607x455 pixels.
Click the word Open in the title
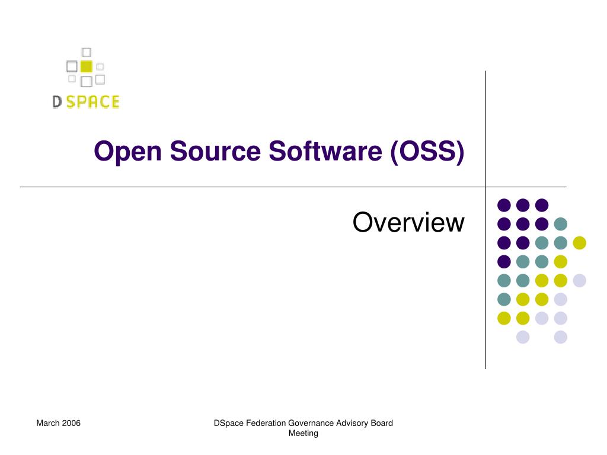pyautogui.click(x=127, y=152)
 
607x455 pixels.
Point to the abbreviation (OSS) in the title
pyautogui.click(x=427, y=152)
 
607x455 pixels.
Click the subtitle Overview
pyautogui.click(x=408, y=223)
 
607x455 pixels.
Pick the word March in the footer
pyautogui.click(x=48, y=423)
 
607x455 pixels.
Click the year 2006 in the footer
pyautogui.click(x=71, y=423)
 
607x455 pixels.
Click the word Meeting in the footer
pyautogui.click(x=303, y=433)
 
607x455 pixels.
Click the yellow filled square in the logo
pyautogui.click(x=86, y=66)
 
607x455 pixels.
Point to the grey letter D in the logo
pyautogui.click(x=57, y=102)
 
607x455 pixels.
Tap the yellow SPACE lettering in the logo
pyautogui.click(x=92, y=102)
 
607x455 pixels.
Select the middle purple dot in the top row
pyautogui.click(x=523, y=205)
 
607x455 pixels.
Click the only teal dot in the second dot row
pyautogui.click(x=561, y=224)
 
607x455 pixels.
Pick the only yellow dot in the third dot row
pyautogui.click(x=580, y=243)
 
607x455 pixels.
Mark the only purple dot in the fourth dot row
pyautogui.click(x=504, y=262)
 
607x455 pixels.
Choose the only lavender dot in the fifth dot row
pyautogui.click(x=580, y=281)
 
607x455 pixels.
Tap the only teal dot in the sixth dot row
pyautogui.click(x=504, y=300)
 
